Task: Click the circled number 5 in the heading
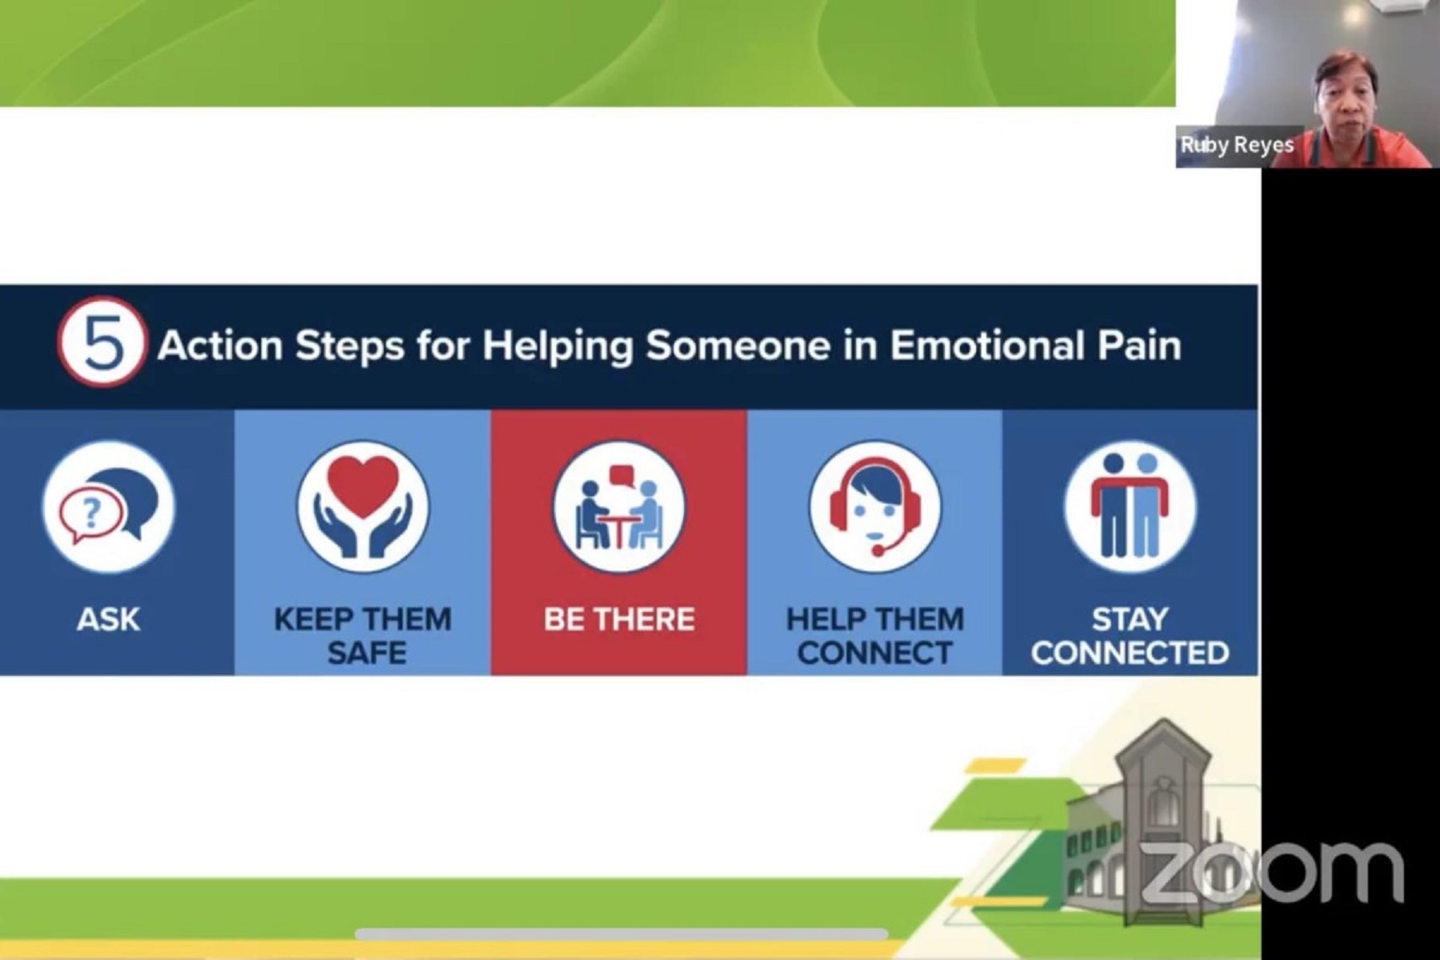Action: [x=102, y=342]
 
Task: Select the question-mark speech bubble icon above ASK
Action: [x=108, y=506]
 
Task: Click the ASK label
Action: [x=108, y=619]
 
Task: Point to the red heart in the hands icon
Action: [x=363, y=479]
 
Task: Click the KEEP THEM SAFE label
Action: [x=363, y=636]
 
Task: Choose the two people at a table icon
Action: [x=618, y=506]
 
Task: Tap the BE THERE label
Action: [x=618, y=619]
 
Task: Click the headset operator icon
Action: [x=874, y=506]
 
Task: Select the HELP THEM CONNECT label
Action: [x=874, y=636]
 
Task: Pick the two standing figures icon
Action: [x=1130, y=506]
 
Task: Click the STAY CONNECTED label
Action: [x=1130, y=636]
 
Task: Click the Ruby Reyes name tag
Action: [x=1237, y=146]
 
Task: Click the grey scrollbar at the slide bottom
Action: [x=622, y=934]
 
